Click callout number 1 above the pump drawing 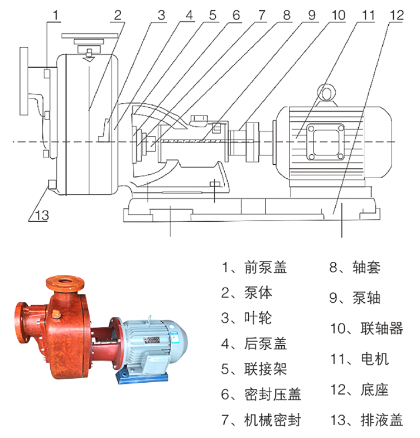56,15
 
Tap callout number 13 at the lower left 42,216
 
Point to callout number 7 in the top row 262,15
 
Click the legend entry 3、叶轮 247,318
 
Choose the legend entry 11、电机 359,359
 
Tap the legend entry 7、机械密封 261,420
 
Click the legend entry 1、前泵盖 254,267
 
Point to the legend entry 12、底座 359,389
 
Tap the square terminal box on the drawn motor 325,142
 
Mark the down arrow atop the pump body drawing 89,56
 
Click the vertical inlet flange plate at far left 24,81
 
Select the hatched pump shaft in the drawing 189,142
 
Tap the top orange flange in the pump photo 66,283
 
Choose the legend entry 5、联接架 254,369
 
